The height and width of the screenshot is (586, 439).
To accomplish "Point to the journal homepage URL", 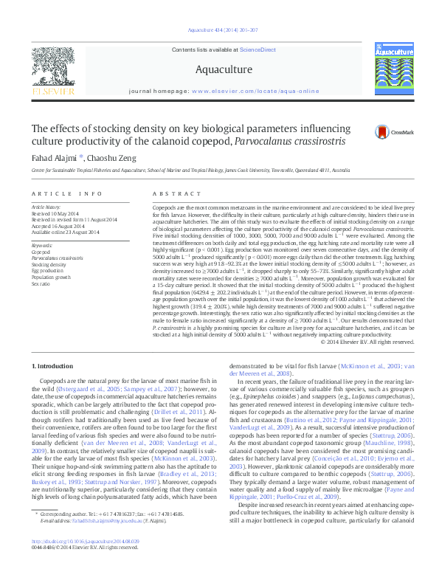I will click(256, 91).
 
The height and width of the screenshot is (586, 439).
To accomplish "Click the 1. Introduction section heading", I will click(57, 366).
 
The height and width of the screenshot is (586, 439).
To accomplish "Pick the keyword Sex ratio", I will click(41, 283).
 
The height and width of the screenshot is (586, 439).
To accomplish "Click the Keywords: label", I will click(42, 245).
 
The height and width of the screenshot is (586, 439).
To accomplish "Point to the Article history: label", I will click(47, 207).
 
